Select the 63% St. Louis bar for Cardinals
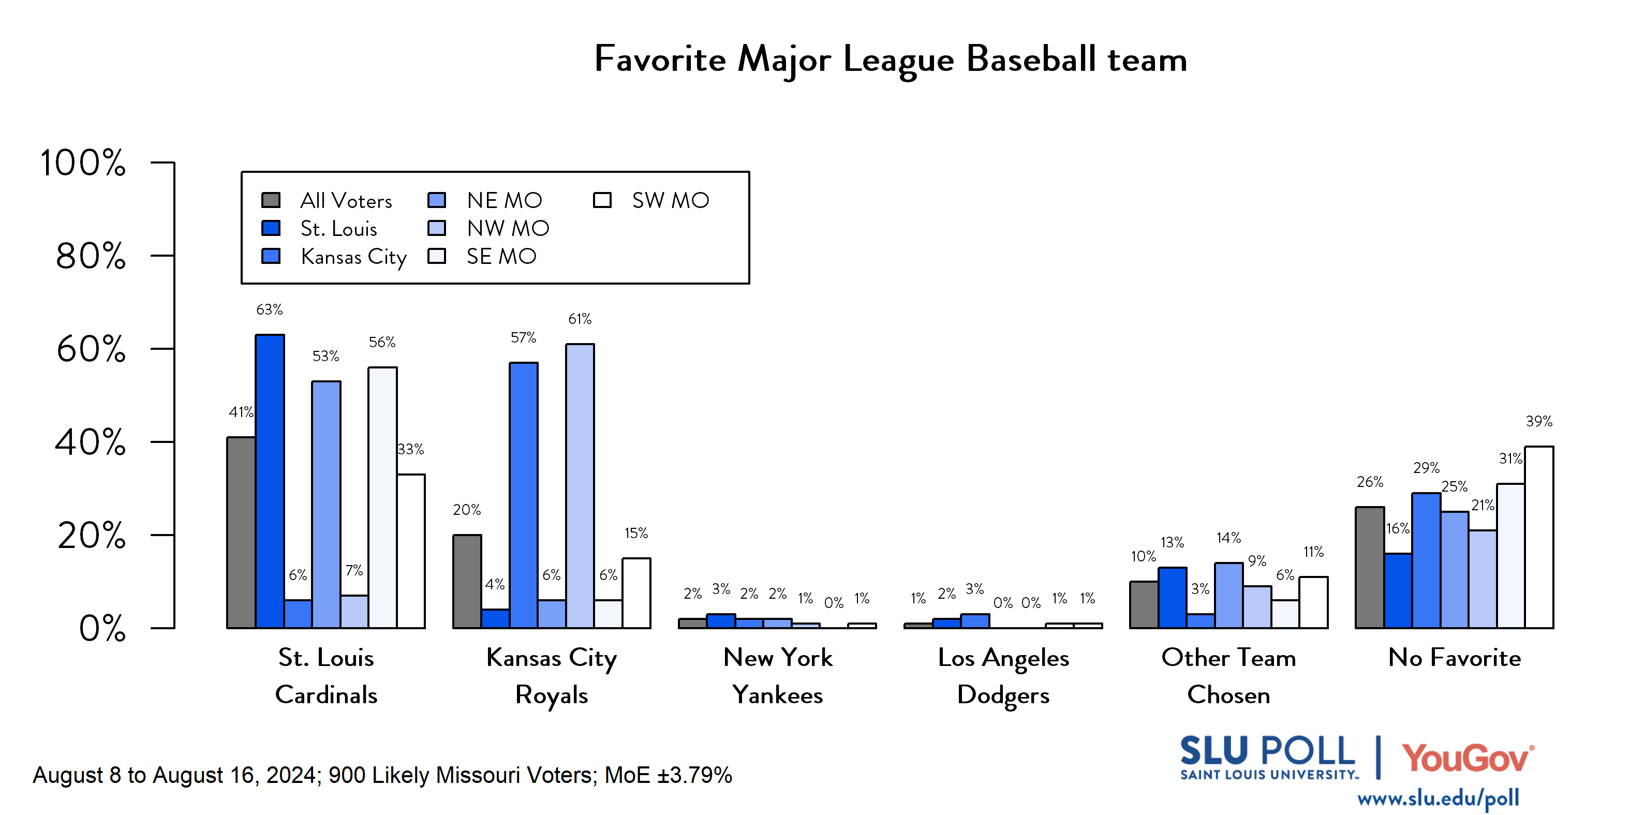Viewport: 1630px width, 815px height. pos(270,481)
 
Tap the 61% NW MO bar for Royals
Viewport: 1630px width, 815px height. pos(580,486)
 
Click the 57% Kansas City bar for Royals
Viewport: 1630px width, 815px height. pos(523,495)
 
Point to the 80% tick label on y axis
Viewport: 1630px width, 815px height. pos(91,256)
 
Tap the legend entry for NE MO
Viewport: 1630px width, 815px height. pos(503,201)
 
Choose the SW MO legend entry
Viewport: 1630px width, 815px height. pos(670,201)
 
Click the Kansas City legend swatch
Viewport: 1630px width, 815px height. pos(271,256)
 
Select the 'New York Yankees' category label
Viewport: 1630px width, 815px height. pos(777,676)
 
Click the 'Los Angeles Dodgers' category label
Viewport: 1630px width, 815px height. pos(1003,676)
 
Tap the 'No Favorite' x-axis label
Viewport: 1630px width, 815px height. pos(1454,658)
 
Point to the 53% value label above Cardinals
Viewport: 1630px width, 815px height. pos(325,356)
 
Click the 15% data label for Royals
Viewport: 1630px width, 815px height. pos(636,534)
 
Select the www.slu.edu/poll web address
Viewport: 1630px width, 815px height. pos(1438,798)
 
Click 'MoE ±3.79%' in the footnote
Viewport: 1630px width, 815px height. pos(668,775)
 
